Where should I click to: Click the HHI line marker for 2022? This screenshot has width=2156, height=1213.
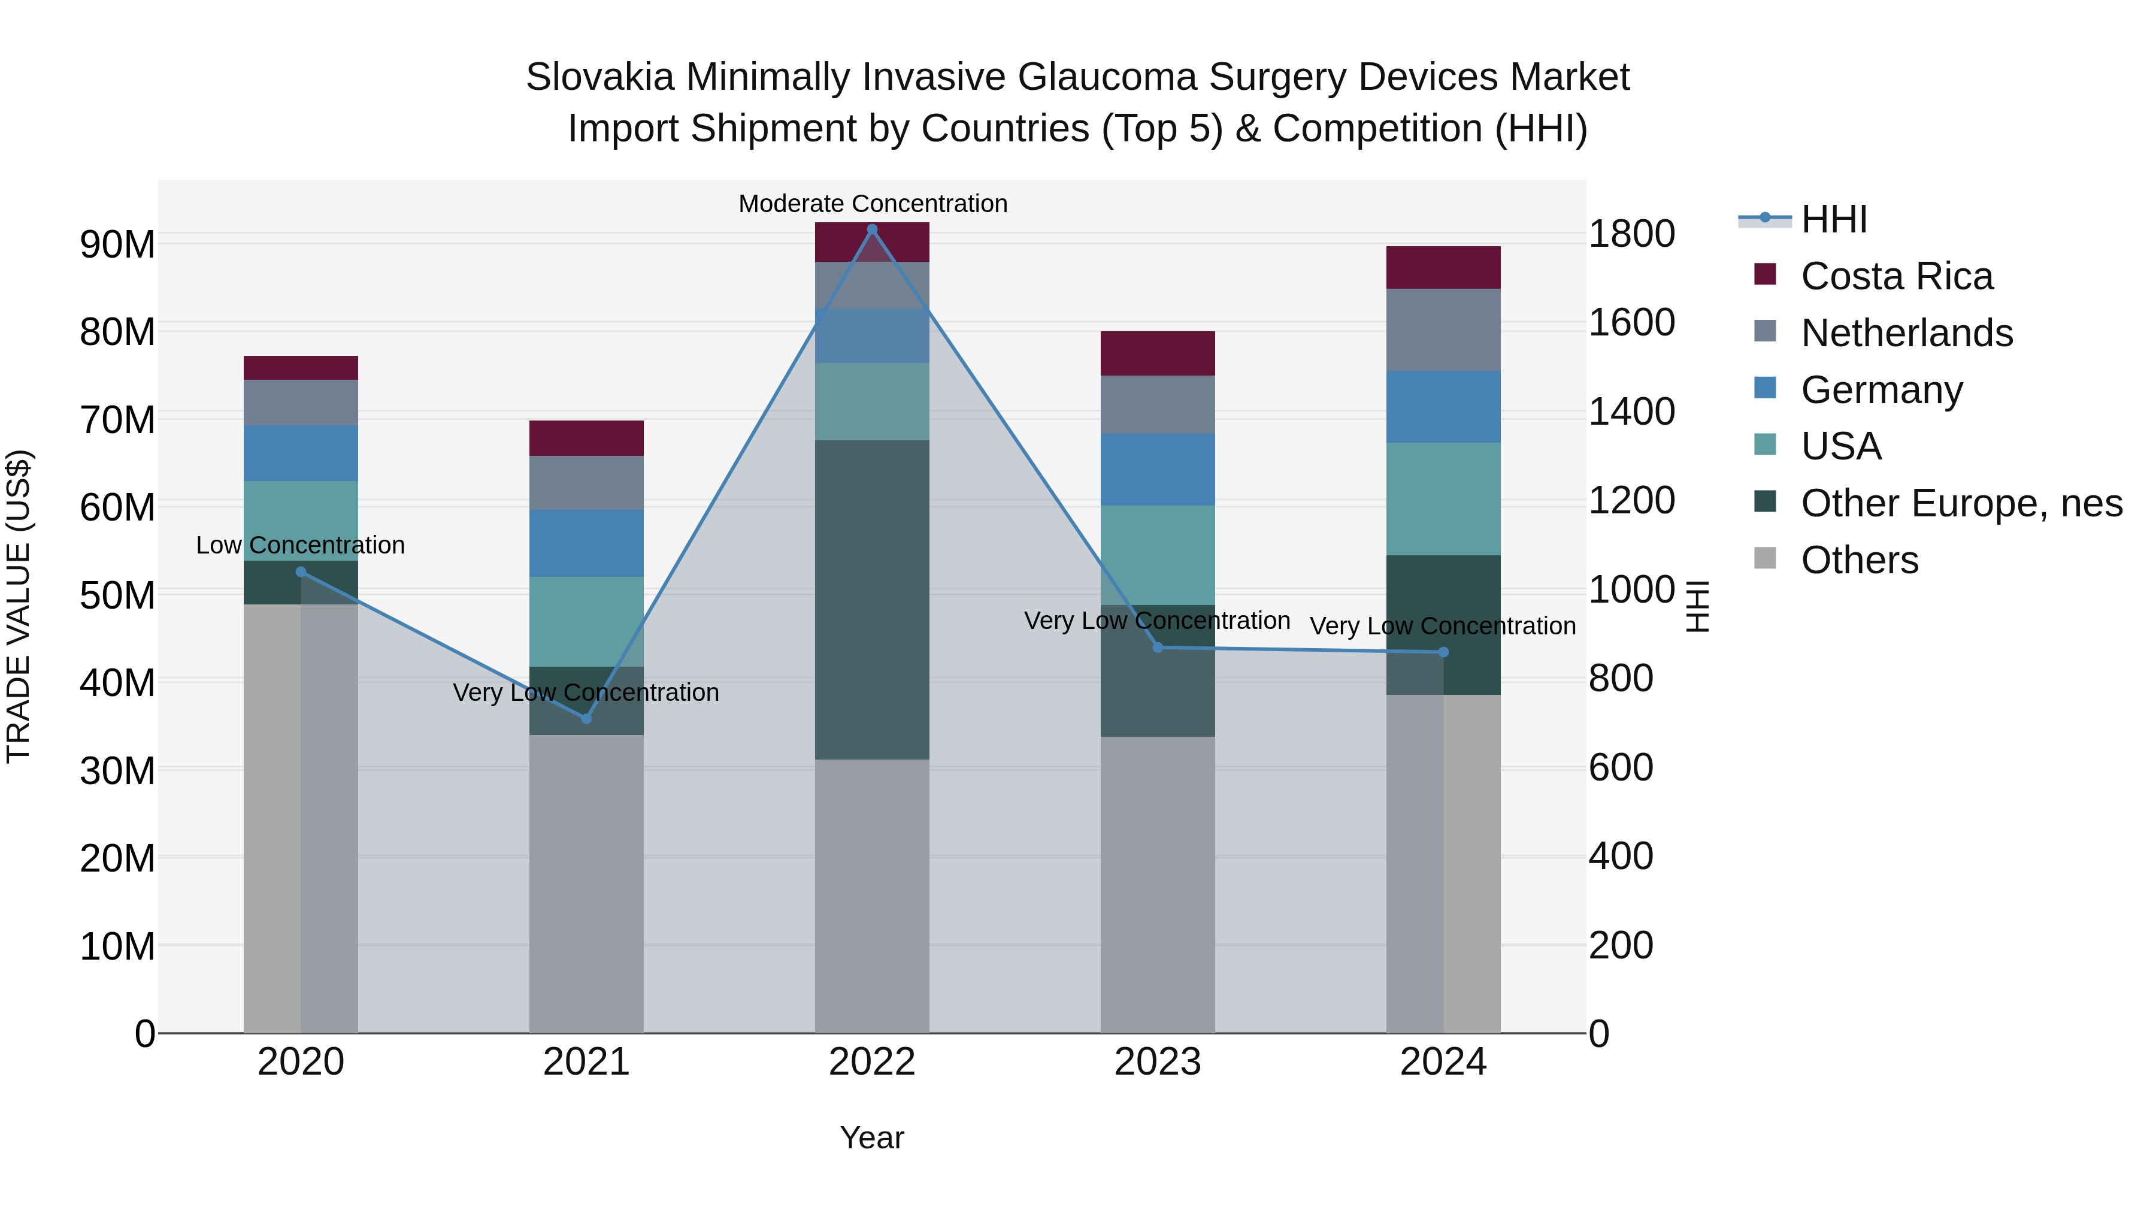click(871, 229)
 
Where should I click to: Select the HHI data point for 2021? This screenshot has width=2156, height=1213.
click(586, 718)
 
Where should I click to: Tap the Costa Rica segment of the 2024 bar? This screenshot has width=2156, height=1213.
click(1443, 267)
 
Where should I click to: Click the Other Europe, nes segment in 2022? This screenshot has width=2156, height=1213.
click(871, 600)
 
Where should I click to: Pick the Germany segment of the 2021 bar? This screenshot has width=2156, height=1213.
click(586, 543)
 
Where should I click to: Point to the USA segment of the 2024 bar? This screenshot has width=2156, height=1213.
click(1443, 498)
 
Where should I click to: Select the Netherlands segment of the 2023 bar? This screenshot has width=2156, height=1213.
click(1158, 404)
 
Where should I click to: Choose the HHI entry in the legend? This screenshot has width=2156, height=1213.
click(1833, 219)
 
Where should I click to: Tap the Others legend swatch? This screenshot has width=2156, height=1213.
click(1764, 558)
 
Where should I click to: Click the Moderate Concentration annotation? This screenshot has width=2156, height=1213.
click(872, 204)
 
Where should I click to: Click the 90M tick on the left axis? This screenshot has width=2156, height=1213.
click(117, 244)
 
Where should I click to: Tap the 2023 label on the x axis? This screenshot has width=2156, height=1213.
click(1158, 1062)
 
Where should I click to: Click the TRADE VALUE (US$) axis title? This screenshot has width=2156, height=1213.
click(19, 606)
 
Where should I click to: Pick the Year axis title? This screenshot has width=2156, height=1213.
click(871, 1138)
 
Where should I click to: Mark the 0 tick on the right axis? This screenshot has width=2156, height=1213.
click(1598, 1034)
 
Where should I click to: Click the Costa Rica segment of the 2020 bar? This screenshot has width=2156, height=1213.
click(301, 368)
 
